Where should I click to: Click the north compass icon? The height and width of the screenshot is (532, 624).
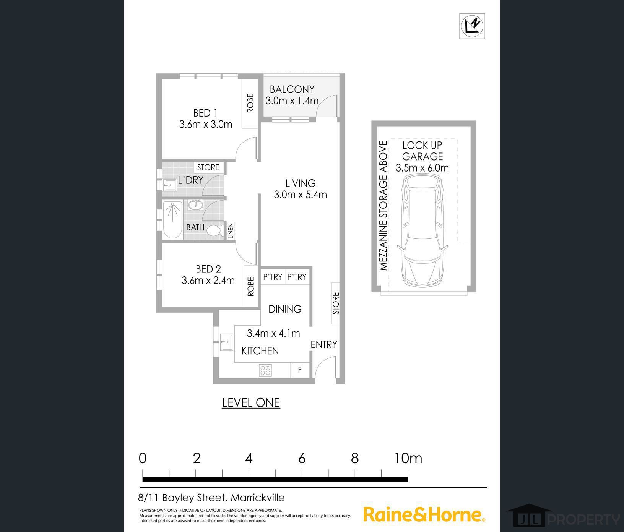pyautogui.click(x=472, y=26)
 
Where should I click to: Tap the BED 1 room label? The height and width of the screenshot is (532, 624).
pyautogui.click(x=205, y=113)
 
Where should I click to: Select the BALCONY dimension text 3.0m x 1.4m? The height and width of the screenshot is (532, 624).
pyautogui.click(x=292, y=101)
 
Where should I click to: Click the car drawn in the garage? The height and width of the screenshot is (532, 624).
pyautogui.click(x=422, y=231)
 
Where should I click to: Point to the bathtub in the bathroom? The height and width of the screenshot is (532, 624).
pyautogui.click(x=172, y=220)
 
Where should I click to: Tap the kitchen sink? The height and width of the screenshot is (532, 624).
pyautogui.click(x=226, y=342)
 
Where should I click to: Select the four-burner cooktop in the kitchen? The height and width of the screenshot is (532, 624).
pyautogui.click(x=265, y=370)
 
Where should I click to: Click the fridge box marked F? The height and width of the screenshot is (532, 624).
pyautogui.click(x=300, y=370)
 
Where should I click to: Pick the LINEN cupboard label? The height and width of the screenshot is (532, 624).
pyautogui.click(x=231, y=231)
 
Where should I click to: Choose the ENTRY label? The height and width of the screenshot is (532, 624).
pyautogui.click(x=324, y=344)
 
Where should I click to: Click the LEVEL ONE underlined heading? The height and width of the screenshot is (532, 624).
pyautogui.click(x=251, y=402)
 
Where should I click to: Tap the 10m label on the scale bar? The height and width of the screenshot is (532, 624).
pyautogui.click(x=408, y=458)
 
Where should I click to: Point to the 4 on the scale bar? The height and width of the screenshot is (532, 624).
pyautogui.click(x=249, y=458)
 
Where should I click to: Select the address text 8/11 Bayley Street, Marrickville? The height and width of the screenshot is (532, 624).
pyautogui.click(x=211, y=498)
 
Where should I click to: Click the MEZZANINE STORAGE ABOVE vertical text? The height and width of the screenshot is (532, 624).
pyautogui.click(x=383, y=206)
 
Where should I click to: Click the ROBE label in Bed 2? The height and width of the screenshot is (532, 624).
pyautogui.click(x=251, y=287)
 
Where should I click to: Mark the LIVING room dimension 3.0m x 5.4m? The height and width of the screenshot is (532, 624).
pyautogui.click(x=301, y=195)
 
